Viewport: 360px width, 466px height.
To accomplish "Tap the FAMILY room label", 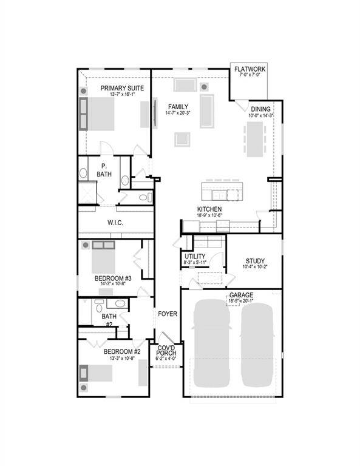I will click(178, 107).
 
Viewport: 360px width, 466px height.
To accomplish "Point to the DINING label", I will click(260, 109).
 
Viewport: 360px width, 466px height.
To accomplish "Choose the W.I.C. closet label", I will click(115, 223).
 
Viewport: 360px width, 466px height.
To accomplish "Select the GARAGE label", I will click(241, 295).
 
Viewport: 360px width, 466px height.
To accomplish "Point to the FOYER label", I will click(168, 314).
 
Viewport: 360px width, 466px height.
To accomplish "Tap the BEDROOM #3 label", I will click(114, 279).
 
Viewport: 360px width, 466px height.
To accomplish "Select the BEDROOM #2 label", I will click(121, 352).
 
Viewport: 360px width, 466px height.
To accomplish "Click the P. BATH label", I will click(104, 171).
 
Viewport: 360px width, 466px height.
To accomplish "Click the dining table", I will click(256, 139).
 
